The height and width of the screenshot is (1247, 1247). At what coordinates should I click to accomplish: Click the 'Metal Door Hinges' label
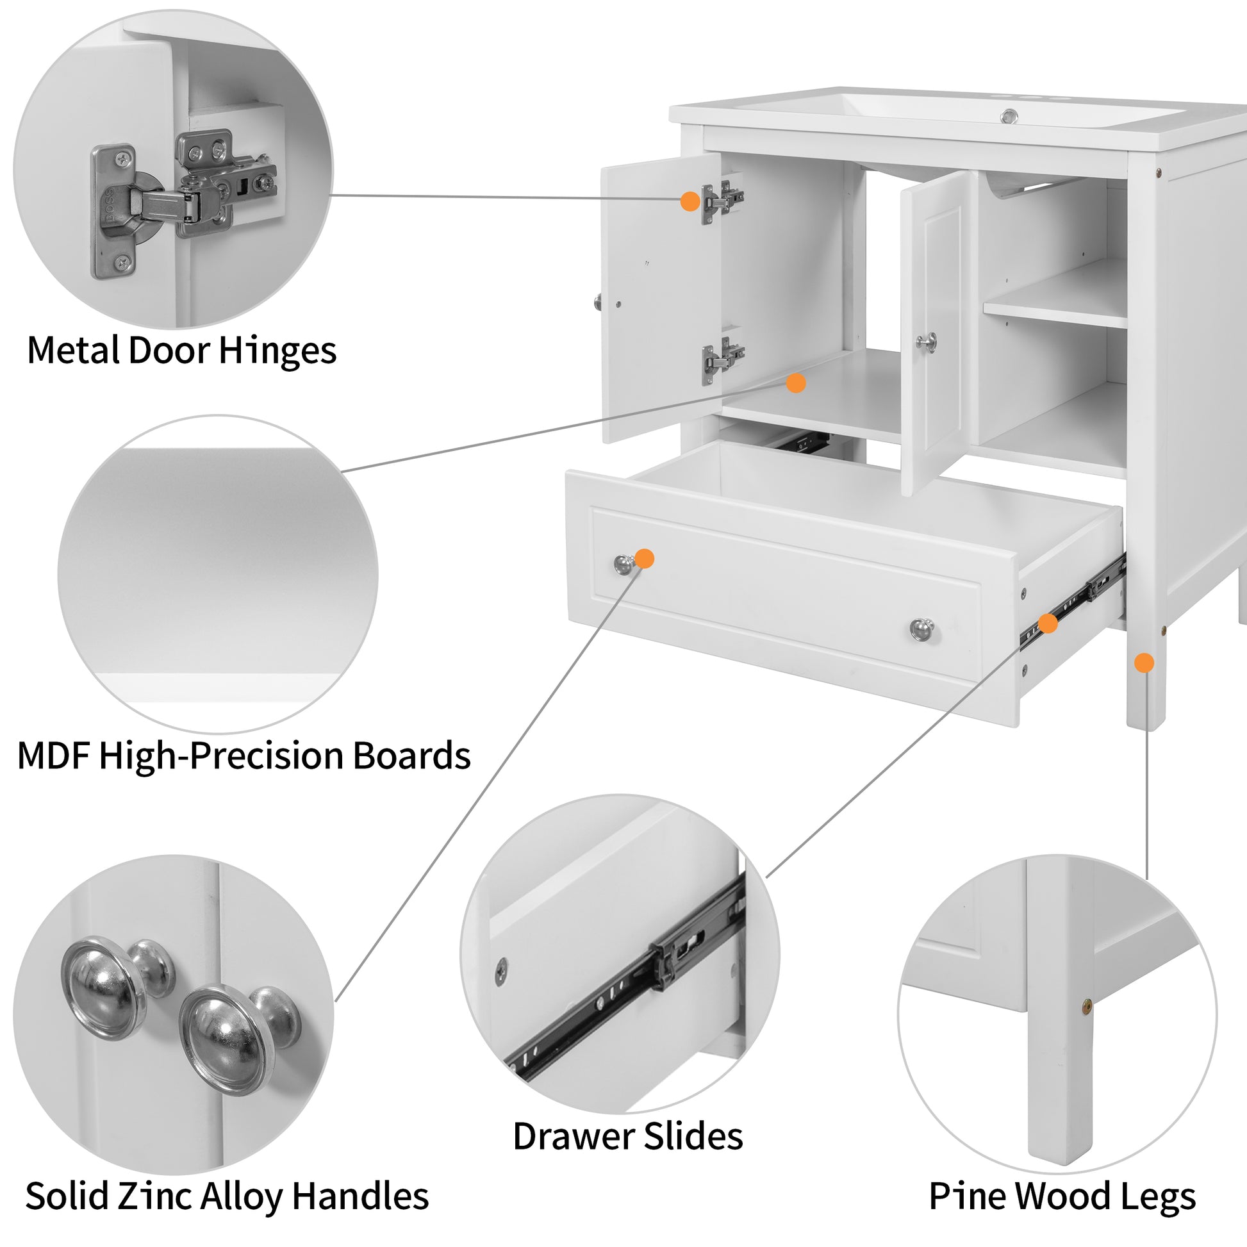click(181, 351)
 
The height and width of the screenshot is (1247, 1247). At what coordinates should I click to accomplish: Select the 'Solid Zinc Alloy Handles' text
click(227, 1195)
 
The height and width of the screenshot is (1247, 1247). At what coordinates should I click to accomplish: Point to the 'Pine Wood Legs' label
click(1062, 1195)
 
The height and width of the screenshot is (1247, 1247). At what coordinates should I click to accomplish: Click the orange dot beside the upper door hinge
click(690, 201)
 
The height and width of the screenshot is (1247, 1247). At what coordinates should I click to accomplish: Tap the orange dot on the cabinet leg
click(1144, 662)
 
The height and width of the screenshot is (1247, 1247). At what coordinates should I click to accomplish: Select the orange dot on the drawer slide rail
click(1047, 623)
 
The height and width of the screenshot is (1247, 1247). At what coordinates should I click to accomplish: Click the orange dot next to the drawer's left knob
click(644, 558)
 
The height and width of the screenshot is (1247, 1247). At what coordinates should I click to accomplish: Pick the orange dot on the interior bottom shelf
click(796, 383)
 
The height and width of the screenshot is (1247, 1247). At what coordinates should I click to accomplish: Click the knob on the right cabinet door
click(927, 342)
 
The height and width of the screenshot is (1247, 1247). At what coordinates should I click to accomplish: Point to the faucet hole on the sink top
click(1009, 116)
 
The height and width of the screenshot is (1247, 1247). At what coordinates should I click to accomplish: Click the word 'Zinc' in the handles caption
click(155, 1195)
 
